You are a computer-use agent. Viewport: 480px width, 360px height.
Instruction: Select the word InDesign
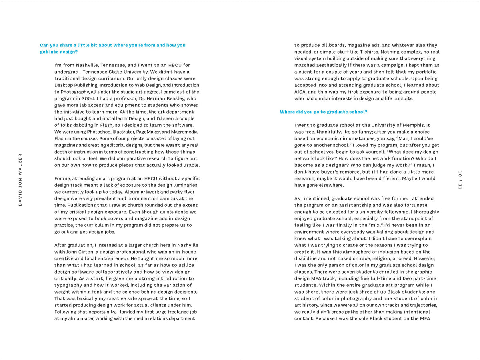click(143, 118)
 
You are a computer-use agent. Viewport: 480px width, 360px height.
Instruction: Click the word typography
click(71, 285)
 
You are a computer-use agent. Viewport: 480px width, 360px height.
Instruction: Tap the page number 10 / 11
click(460, 180)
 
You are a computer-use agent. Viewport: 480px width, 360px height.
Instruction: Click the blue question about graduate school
click(323, 112)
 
